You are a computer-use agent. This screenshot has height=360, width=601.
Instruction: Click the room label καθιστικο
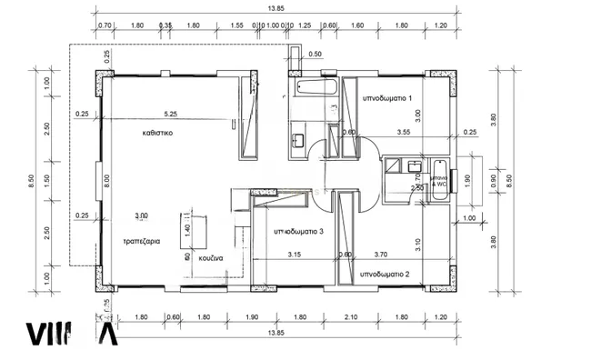pyautogui.click(x=157, y=133)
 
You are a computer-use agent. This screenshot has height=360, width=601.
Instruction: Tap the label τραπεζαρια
pyautogui.click(x=142, y=243)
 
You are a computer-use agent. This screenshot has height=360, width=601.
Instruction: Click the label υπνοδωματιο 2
pyautogui.click(x=385, y=273)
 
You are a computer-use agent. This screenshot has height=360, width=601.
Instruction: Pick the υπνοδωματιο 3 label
pyautogui.click(x=299, y=232)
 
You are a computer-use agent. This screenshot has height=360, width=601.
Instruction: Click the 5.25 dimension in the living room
pyautogui.click(x=170, y=114)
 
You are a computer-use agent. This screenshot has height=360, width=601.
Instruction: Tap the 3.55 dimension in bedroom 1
pyautogui.click(x=405, y=132)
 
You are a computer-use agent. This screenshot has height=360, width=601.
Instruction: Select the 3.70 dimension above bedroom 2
pyautogui.click(x=380, y=255)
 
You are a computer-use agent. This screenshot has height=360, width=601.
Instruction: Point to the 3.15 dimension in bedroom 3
pyautogui.click(x=295, y=255)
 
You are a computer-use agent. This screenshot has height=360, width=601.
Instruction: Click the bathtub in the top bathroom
pyautogui.click(x=309, y=89)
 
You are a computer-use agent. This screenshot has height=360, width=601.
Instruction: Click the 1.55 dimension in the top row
pyautogui.click(x=237, y=26)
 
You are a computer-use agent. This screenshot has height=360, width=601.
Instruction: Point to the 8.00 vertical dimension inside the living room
pyautogui.click(x=106, y=180)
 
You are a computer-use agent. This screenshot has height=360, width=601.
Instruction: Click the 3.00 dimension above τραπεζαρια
pyautogui.click(x=141, y=215)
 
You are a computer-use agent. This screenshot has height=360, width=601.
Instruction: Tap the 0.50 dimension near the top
pyautogui.click(x=315, y=55)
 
